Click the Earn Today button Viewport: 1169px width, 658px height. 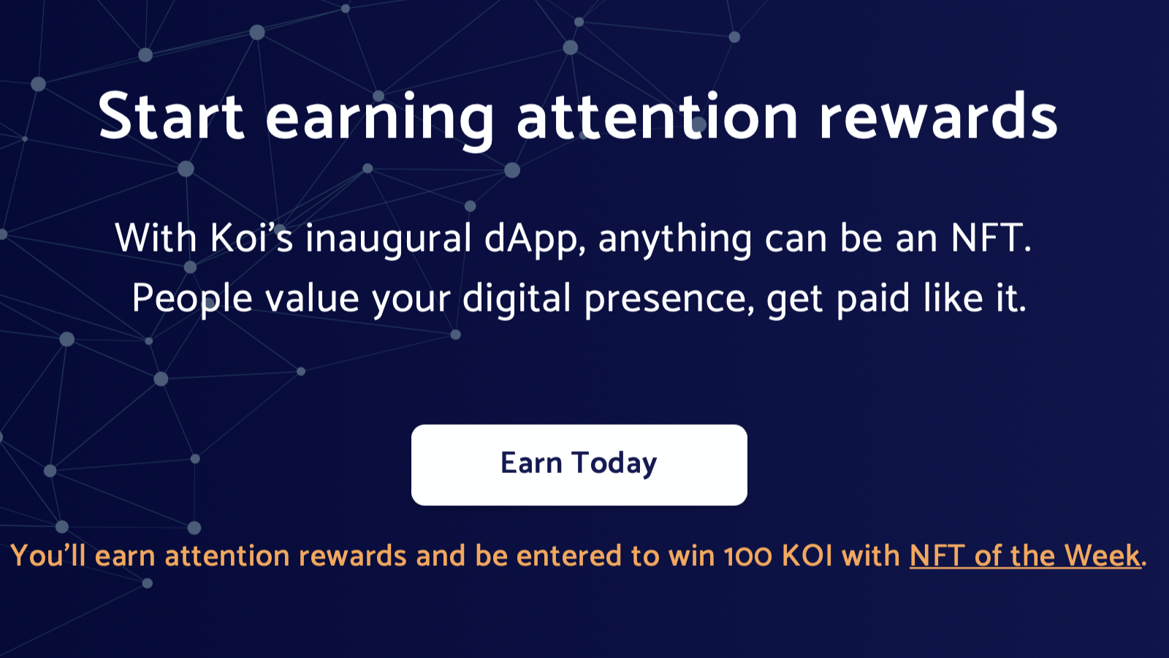click(579, 465)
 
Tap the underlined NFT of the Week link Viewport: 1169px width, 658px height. click(1026, 556)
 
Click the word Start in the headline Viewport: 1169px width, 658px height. click(171, 116)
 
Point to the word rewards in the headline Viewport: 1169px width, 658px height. click(938, 116)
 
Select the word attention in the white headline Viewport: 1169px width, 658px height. click(658, 116)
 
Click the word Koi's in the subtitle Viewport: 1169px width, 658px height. click(251, 238)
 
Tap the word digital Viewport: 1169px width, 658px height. click(517, 300)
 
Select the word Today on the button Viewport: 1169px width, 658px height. click(614, 464)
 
